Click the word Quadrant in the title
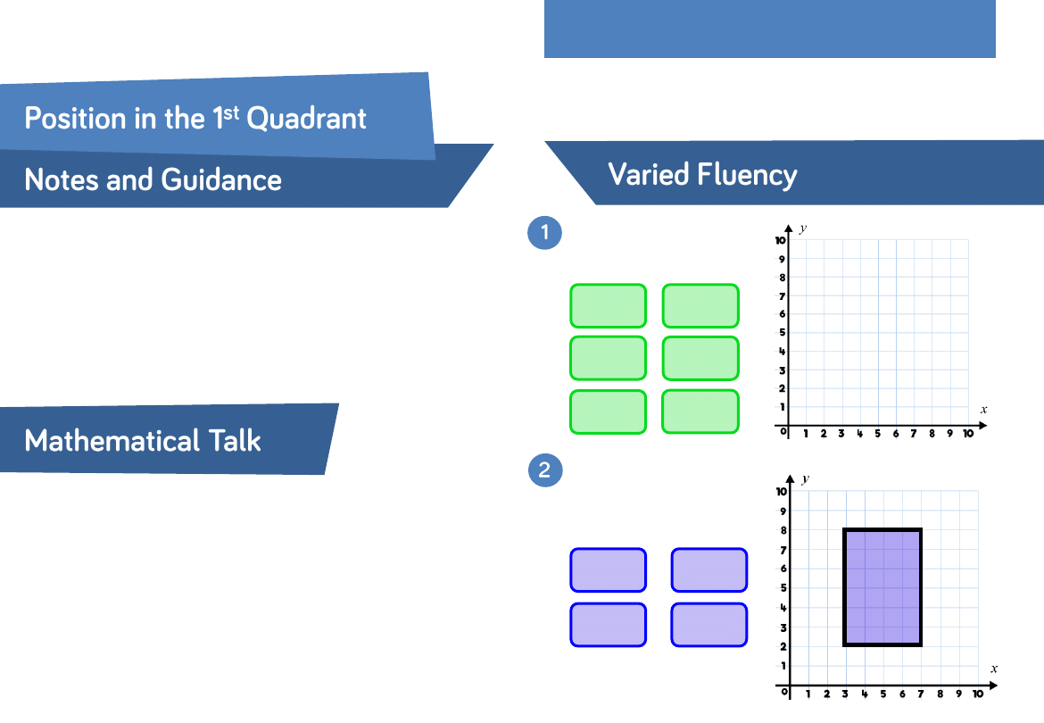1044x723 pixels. tap(306, 120)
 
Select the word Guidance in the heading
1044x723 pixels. tap(221, 179)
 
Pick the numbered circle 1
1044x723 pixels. tap(544, 232)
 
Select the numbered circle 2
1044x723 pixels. tap(545, 470)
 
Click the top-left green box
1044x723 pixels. tap(608, 305)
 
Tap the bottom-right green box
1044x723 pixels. tap(700, 411)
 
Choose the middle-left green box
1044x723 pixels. tap(608, 358)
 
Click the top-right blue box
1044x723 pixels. tap(709, 569)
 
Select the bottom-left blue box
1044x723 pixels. tap(608, 625)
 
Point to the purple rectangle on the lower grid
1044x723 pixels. tap(882, 587)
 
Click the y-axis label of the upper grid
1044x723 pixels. tap(803, 229)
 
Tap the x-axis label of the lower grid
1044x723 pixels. tap(994, 669)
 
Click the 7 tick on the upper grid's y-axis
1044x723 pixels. tap(783, 295)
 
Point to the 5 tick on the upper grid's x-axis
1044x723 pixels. tap(877, 434)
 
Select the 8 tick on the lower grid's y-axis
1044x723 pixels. tap(783, 530)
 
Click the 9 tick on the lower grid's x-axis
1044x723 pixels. tap(958, 694)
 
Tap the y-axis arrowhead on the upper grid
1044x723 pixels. tap(788, 229)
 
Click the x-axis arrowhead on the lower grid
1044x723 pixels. tap(993, 685)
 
